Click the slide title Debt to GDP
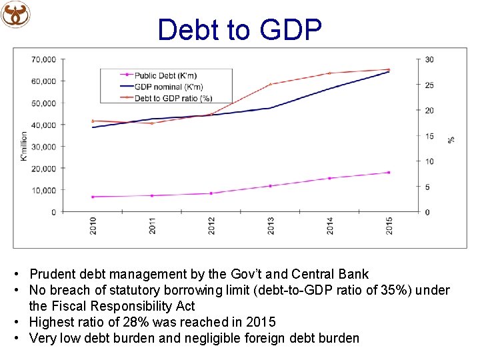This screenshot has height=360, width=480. pos(240,29)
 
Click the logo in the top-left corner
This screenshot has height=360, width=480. pos(15,14)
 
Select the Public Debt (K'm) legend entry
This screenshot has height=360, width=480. pos(165,75)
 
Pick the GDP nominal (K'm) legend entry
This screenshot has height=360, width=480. pos(168,87)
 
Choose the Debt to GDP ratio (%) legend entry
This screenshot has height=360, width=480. pos(173,98)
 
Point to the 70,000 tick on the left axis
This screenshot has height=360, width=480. pos(43,59)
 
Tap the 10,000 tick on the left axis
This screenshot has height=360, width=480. pos(43,190)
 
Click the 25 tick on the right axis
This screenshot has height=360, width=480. pos(429,85)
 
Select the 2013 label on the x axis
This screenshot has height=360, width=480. pos(271,226)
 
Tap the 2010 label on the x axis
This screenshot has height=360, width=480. pos(93,226)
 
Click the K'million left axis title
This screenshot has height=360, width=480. pos(24,145)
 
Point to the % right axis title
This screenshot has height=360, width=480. pos(451,139)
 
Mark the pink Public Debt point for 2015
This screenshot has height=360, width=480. pos(389,173)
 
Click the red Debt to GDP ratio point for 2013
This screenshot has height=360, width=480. pos(271,84)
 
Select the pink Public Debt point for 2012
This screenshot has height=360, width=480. pos(211,193)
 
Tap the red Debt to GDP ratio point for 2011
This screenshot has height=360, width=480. pos(152,123)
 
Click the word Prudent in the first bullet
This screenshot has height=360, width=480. pos(51,274)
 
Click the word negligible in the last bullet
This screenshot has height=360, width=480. pos(219,338)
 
